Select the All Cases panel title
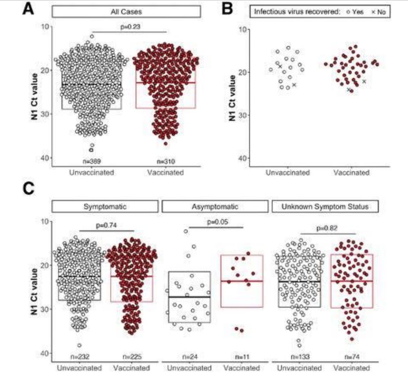click(126, 11)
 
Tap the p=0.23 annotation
click(131, 26)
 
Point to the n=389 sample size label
click(91, 162)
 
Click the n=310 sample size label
click(165, 162)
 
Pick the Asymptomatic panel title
click(215, 206)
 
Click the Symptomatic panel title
click(105, 206)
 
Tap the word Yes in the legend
click(357, 12)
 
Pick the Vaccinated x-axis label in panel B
click(351, 173)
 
